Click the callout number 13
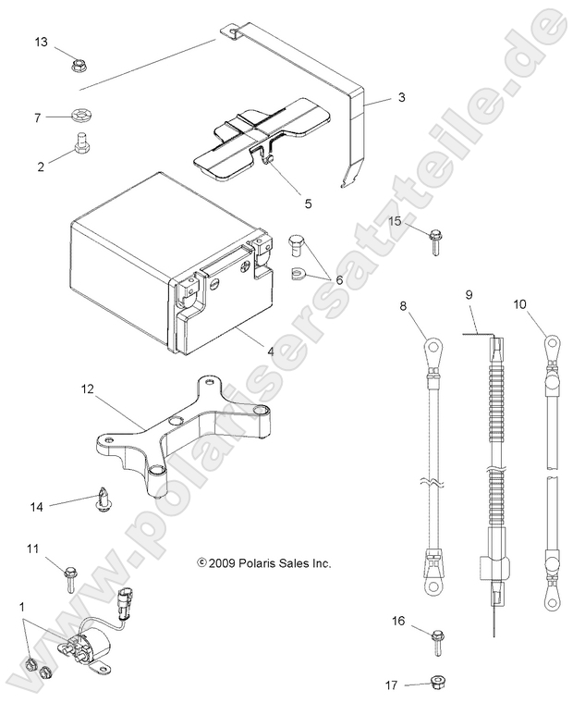click(43, 43)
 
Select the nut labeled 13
click(78, 67)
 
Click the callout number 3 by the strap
click(401, 96)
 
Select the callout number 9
click(469, 295)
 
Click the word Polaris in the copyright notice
click(258, 562)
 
